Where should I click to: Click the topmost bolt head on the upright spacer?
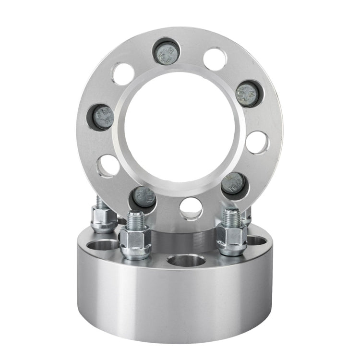click(x=166, y=51)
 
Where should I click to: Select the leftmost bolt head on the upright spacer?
click(x=103, y=117)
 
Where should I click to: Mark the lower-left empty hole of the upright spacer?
click(x=108, y=166)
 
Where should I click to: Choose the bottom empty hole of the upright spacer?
click(x=191, y=209)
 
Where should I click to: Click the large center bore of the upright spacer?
click(x=180, y=127)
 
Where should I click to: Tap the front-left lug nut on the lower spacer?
click(x=135, y=242)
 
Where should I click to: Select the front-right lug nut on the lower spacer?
click(x=232, y=238)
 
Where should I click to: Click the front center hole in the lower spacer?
click(x=186, y=261)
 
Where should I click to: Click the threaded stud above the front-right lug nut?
click(x=232, y=216)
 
